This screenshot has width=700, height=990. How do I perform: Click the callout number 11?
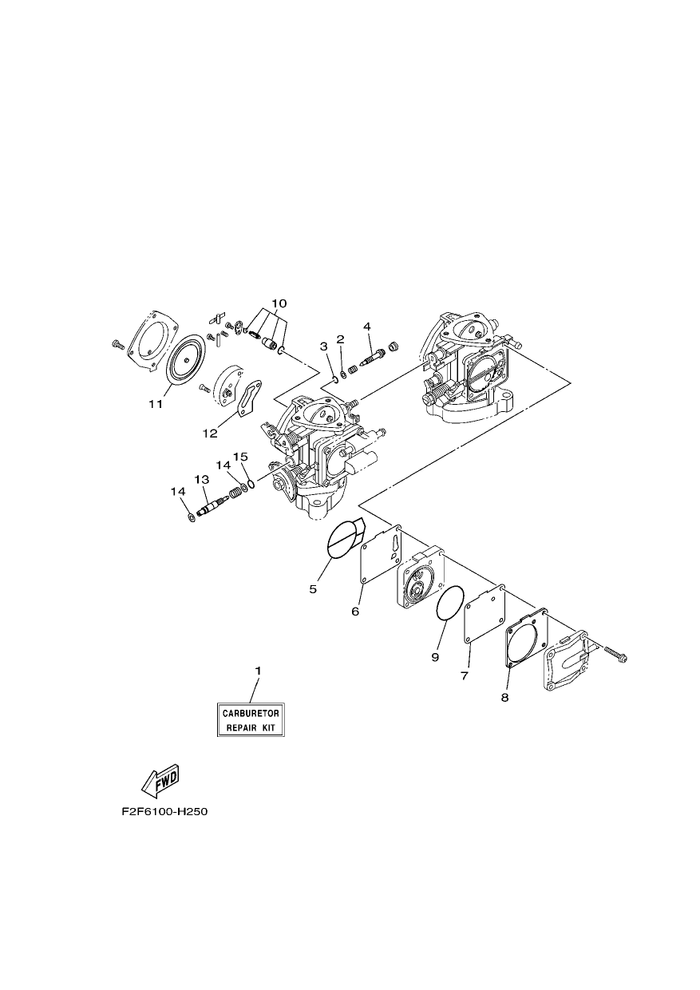pos(156,404)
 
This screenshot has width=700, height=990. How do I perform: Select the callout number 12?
pos(211,434)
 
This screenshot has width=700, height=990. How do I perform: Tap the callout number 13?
pos(202,480)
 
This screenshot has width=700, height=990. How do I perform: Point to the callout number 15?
pos(241,457)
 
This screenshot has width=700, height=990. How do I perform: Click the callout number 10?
pos(279,303)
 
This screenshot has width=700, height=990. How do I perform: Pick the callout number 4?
pos(367,327)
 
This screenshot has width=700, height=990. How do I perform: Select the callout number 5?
pos(313,589)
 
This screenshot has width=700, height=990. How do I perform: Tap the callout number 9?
pos(435,657)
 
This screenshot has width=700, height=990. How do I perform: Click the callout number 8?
pos(504,698)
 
